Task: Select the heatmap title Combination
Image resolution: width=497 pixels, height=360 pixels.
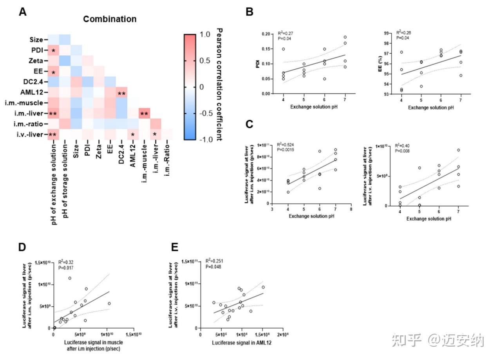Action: click(x=110, y=19)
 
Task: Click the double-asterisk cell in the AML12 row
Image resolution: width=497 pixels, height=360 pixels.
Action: click(x=121, y=93)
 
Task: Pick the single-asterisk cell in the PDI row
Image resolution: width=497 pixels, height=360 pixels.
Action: click(x=53, y=51)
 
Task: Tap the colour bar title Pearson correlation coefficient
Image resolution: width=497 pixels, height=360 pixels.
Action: click(x=219, y=85)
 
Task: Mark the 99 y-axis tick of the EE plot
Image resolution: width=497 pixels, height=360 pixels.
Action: click(x=385, y=34)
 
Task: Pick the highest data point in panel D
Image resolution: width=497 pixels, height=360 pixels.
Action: click(x=70, y=278)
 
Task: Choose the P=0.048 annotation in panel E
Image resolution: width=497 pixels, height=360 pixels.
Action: click(x=214, y=267)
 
